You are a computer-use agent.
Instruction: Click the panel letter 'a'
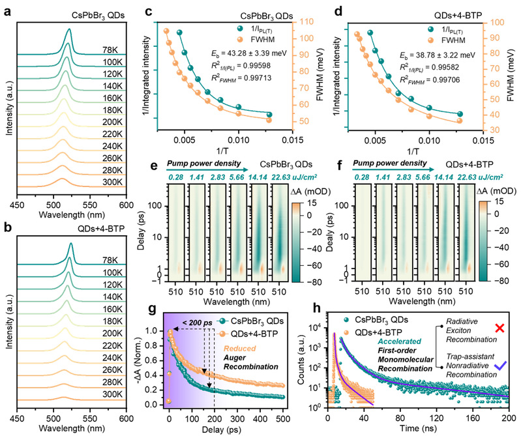(5, 7)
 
